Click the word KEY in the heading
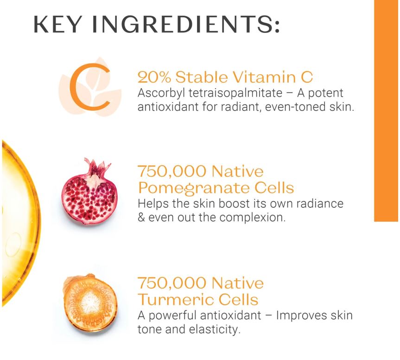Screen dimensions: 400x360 (57, 24)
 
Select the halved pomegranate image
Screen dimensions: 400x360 (89, 192)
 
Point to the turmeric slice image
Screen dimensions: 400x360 (90, 303)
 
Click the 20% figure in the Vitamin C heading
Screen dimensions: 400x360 (154, 77)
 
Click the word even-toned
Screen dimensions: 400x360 (295, 107)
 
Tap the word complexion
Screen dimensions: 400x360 (252, 218)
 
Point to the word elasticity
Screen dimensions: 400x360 (215, 329)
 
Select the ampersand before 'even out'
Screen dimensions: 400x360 (141, 218)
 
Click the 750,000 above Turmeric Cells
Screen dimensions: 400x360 (172, 283)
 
